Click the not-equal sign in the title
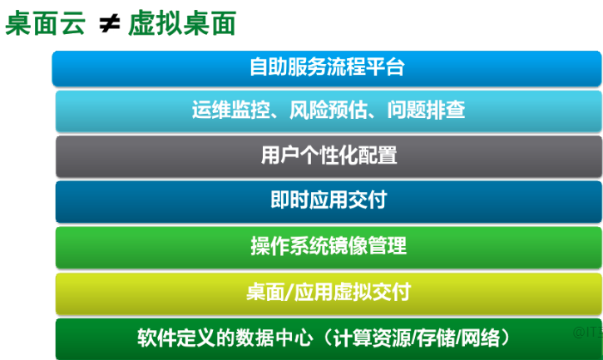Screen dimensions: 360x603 tap(109, 25)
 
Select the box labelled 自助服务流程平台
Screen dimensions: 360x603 tap(327, 67)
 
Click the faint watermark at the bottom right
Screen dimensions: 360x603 tap(586, 333)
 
